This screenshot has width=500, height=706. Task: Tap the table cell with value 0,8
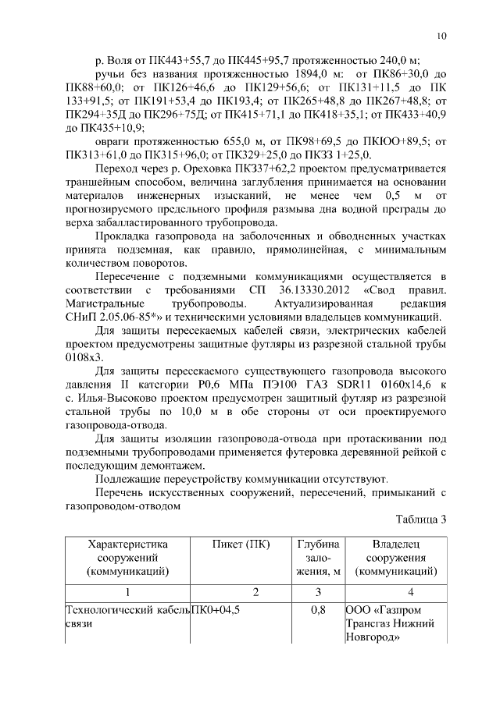point(317,610)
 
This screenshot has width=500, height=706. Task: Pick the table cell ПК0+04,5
point(216,610)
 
